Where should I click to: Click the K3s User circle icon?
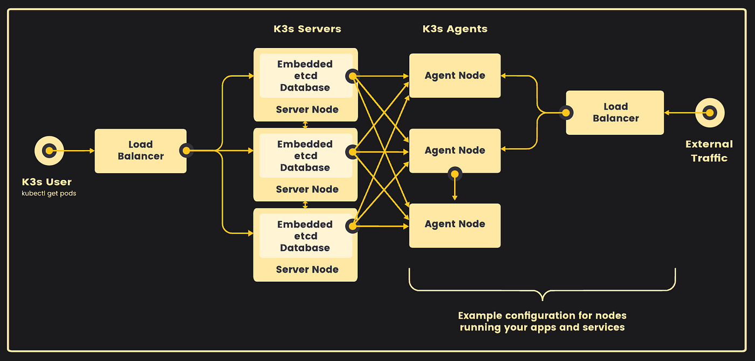pos(49,151)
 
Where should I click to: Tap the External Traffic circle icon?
pos(710,113)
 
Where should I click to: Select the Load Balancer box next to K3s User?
pos(141,151)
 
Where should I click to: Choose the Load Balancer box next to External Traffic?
pos(615,113)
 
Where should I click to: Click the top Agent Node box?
pos(455,76)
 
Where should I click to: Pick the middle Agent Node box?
pos(455,151)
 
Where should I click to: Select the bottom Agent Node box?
pos(455,226)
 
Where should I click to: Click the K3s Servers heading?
pos(307,29)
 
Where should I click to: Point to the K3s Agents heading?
pos(455,29)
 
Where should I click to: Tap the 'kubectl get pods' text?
pos(49,193)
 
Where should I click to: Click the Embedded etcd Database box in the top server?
pos(306,76)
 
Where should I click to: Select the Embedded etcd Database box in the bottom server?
pos(306,236)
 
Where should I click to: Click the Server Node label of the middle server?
pos(307,189)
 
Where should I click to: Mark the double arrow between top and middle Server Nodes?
pos(305,125)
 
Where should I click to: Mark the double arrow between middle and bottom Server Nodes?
pos(305,205)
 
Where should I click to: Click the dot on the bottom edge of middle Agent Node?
pos(455,174)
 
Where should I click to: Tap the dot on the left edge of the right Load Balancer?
pos(566,113)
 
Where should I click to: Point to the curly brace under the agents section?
pos(543,290)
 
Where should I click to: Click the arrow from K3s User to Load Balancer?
pos(72,151)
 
